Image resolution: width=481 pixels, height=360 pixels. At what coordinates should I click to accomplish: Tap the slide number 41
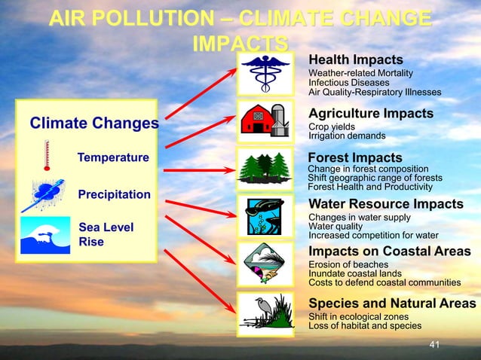tap(433, 345)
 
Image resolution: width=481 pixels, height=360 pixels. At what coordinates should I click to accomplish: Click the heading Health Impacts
tap(355, 59)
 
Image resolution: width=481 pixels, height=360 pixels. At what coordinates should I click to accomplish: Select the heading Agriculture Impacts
tap(371, 113)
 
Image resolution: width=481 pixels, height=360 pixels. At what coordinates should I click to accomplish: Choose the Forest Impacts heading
tap(355, 157)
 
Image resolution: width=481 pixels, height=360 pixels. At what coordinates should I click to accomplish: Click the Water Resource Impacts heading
tap(386, 204)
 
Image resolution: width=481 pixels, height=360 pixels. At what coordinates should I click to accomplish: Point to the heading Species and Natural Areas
tap(392, 303)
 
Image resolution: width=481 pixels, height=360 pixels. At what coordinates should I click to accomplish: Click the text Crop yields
tap(332, 127)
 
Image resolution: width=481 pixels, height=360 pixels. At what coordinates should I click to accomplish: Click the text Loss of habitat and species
tap(365, 326)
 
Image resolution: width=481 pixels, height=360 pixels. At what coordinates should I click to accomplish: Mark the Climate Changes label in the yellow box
tap(93, 122)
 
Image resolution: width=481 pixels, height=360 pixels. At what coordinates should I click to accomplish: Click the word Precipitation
tap(114, 194)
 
